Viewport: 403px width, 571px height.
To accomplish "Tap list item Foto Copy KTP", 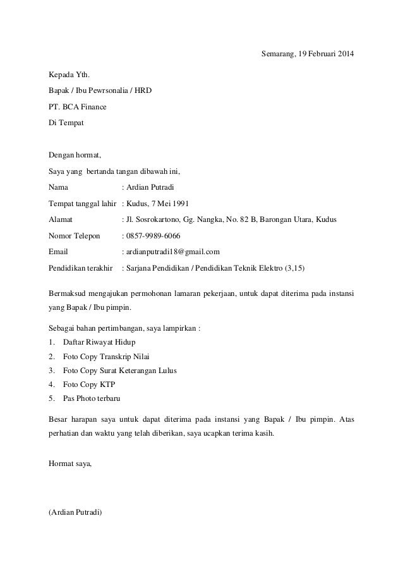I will (x=89, y=384).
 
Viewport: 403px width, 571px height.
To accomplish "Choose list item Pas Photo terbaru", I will (x=92, y=399).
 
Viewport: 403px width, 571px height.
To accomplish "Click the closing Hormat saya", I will (x=69, y=464).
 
